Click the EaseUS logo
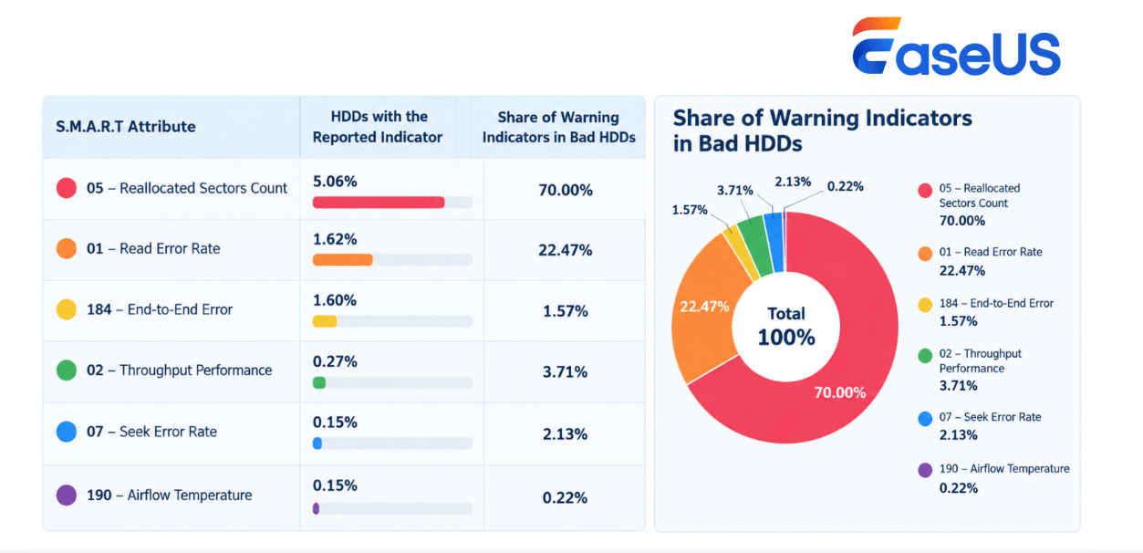pos(956,47)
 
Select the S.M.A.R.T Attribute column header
pos(126,126)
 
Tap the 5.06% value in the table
pos(335,182)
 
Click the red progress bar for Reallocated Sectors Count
pos(378,203)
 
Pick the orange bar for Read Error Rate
pos(342,260)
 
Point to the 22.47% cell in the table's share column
pos(566,250)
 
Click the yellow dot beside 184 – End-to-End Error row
pos(67,309)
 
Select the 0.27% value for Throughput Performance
pos(335,361)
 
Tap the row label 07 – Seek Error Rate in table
pos(151,432)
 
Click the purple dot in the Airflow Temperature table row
pos(67,496)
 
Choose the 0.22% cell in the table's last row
pos(565,498)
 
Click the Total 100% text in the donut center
pos(786,327)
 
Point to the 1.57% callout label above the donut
pos(690,210)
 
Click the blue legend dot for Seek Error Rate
pos(925,419)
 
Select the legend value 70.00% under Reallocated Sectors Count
pos(962,221)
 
